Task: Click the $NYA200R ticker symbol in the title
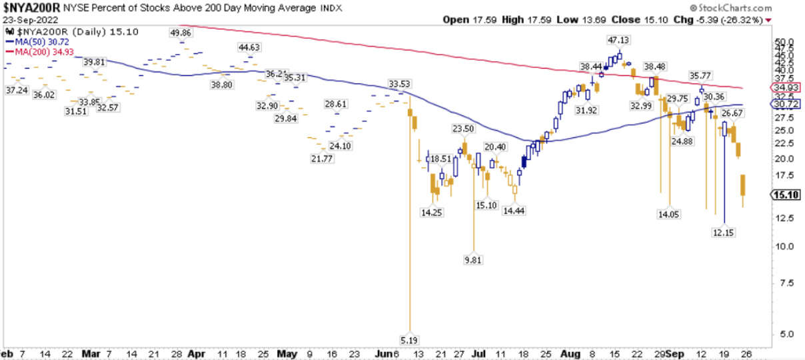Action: (32, 7)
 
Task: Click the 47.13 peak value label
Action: (619, 40)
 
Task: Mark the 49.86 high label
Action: (181, 32)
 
